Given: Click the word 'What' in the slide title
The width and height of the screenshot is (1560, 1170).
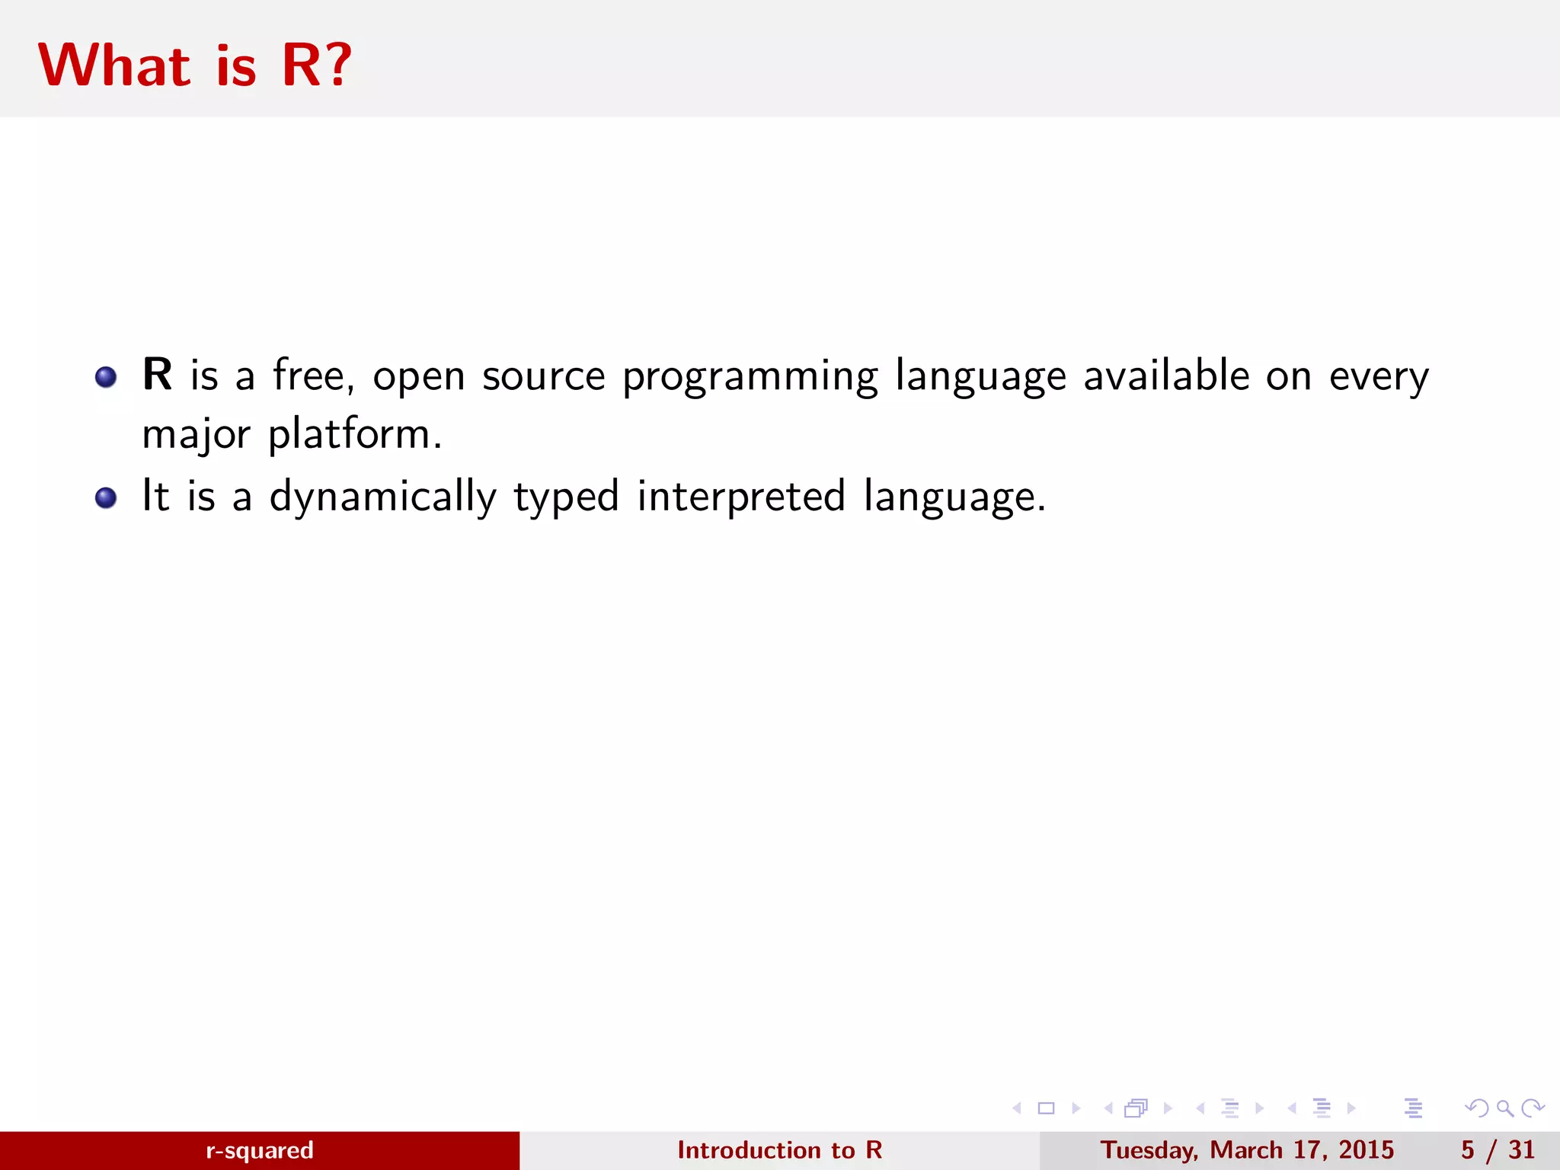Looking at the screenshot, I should tap(114, 66).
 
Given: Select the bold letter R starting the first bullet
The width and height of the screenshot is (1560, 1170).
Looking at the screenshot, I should tap(158, 375).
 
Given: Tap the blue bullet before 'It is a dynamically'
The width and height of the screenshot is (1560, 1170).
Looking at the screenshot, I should tap(106, 498).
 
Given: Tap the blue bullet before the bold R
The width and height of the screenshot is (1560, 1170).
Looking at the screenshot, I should tap(106, 377).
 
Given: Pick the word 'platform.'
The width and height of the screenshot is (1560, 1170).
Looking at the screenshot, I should tap(355, 434).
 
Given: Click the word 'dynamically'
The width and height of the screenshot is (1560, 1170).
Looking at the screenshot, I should tap(383, 497).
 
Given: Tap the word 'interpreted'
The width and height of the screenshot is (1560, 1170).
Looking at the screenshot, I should tap(741, 497).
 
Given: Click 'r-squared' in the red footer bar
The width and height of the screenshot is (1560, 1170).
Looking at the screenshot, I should tap(260, 1149).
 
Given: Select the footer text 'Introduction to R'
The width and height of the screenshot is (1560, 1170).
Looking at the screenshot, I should tap(779, 1149).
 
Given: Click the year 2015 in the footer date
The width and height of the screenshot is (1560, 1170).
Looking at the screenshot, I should tap(1366, 1149).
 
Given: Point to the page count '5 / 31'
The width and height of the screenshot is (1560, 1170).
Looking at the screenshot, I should tap(1498, 1149).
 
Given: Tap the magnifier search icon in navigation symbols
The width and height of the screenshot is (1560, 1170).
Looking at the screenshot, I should tap(1504, 1108).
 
